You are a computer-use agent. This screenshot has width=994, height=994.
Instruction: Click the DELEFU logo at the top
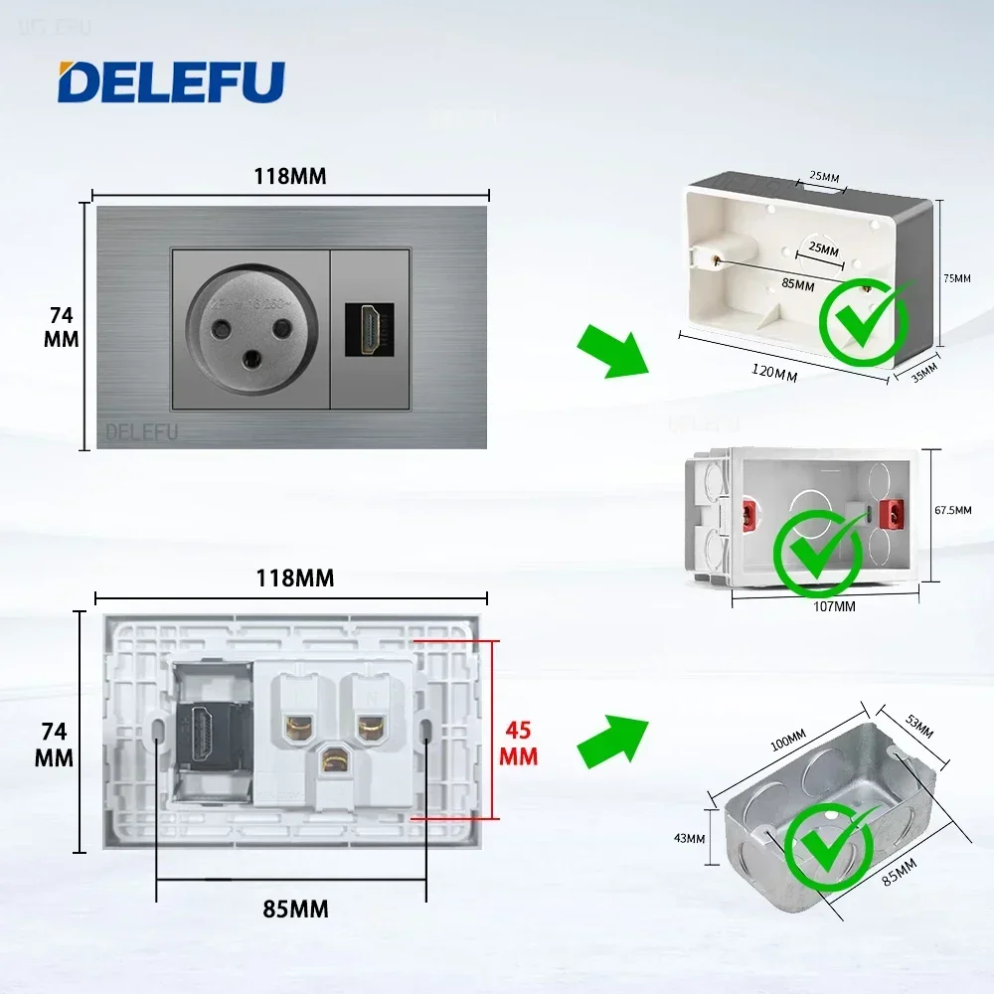170,83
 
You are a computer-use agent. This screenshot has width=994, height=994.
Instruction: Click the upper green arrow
612,349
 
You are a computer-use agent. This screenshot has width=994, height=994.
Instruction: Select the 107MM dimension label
834,605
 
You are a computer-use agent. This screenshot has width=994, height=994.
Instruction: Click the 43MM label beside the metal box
688,838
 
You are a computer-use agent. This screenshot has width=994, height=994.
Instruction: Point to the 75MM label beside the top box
957,279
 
